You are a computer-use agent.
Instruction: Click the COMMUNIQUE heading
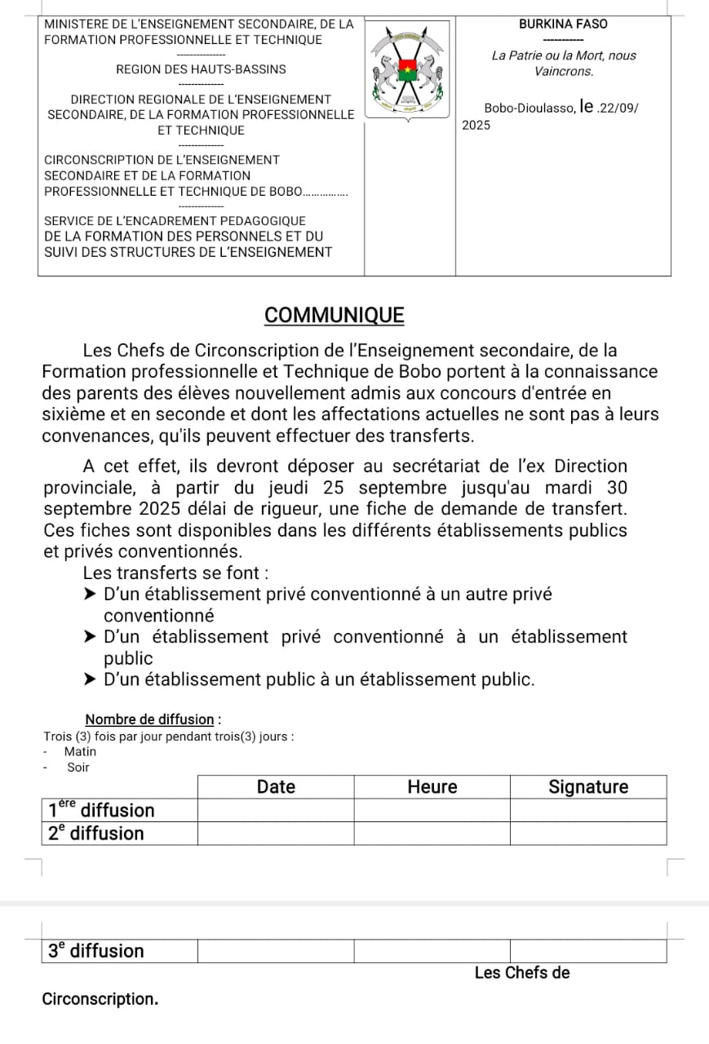pos(335,316)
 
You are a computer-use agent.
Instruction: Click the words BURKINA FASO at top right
pos(563,24)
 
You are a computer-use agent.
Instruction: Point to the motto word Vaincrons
pos(563,72)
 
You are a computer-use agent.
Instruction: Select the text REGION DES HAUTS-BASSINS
pos(201,70)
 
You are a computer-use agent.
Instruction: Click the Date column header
pos(276,787)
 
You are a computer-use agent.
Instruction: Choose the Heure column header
pos(432,787)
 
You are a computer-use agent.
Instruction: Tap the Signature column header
pos(588,787)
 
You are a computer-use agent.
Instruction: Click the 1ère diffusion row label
pos(102,810)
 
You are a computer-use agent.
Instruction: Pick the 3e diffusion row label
pos(96,951)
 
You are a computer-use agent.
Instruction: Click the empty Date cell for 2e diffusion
pos(276,834)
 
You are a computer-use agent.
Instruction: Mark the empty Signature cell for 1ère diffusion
pos(588,810)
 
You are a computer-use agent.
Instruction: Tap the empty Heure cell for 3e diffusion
pos(432,951)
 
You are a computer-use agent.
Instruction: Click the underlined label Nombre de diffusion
pos(150,719)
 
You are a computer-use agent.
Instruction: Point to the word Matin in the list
pos(80,752)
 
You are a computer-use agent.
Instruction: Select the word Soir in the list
pos(78,768)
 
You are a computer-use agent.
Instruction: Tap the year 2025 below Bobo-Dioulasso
pos(476,126)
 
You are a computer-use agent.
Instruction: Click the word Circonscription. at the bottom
pos(100,999)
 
